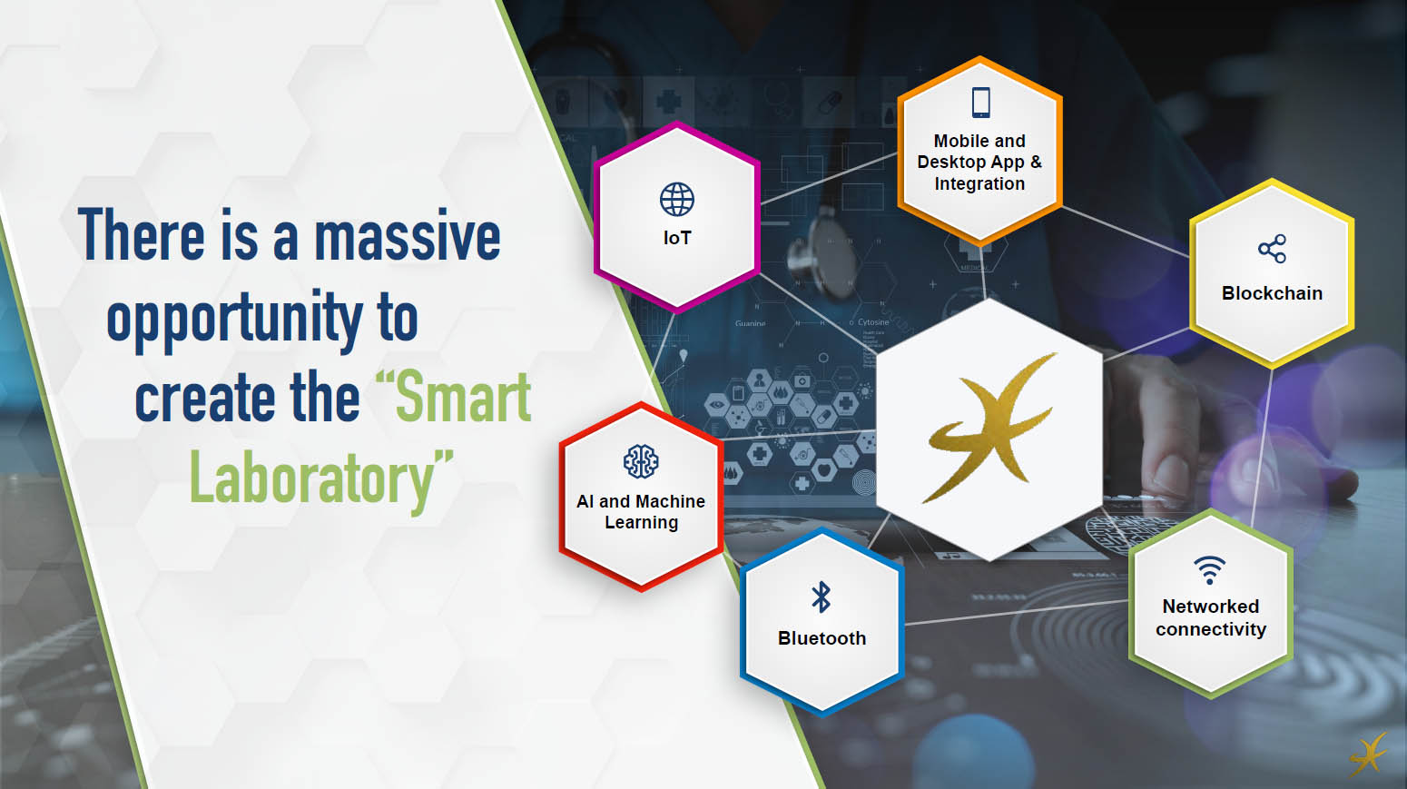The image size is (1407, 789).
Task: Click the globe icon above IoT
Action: [x=677, y=199]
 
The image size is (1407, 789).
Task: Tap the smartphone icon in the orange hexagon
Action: [x=980, y=103]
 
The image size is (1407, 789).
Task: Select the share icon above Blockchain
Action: [x=1272, y=249]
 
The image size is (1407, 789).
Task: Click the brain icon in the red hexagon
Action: [x=641, y=462]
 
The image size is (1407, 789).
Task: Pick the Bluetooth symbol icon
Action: [x=821, y=597]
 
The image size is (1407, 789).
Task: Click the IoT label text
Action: [x=677, y=238]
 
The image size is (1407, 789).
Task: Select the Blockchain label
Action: [x=1272, y=293]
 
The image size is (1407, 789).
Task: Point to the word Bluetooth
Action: [x=822, y=638]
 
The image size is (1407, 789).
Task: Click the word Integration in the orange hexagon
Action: [x=979, y=184]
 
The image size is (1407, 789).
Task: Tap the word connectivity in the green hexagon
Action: [x=1210, y=629]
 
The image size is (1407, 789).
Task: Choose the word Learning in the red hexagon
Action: [x=641, y=523]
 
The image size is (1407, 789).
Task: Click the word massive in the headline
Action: [x=407, y=235]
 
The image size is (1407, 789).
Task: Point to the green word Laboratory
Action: [x=321, y=478]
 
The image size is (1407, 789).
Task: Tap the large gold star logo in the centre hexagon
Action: [x=989, y=427]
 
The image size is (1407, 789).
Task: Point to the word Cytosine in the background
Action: [x=873, y=321]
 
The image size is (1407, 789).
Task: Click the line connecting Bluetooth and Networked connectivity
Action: [x=1017, y=613]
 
